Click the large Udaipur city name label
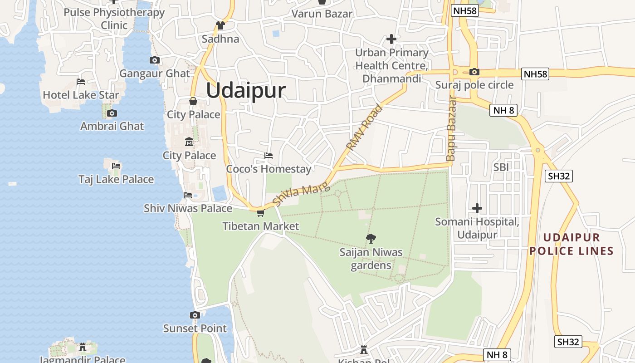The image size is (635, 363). (x=246, y=90)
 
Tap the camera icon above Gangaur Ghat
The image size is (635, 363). (x=154, y=60)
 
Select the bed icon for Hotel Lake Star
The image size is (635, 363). (x=81, y=82)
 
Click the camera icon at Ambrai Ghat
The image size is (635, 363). (x=112, y=113)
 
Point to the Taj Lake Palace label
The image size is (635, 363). (x=116, y=179)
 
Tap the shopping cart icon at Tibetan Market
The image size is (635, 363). (x=260, y=213)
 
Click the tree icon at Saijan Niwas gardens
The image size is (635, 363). (x=371, y=238)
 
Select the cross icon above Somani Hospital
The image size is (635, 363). (x=477, y=208)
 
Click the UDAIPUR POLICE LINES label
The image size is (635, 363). (x=571, y=244)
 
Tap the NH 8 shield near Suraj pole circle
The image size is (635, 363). (x=503, y=110)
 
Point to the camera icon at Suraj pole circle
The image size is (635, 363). (x=474, y=72)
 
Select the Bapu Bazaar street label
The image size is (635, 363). (x=451, y=128)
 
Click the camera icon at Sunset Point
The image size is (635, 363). (x=195, y=315)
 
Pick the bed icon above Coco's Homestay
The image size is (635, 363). (x=269, y=156)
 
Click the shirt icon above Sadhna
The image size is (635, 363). (x=220, y=25)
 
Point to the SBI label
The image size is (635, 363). (x=501, y=167)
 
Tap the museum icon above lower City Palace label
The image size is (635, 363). (x=189, y=142)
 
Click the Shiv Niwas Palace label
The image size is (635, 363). (x=188, y=208)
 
